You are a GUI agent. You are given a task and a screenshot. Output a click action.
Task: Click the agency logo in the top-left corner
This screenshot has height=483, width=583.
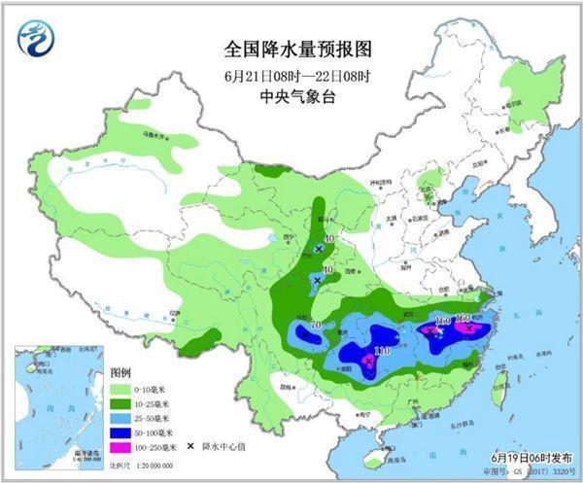pyautogui.click(x=36, y=39)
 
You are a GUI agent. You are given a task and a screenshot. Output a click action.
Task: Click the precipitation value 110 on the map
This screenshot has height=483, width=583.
pyautogui.click(x=382, y=351)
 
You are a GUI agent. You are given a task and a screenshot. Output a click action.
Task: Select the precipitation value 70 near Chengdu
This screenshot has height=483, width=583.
pyautogui.click(x=315, y=325)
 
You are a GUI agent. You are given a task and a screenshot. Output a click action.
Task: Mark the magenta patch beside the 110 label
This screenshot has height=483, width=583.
pyautogui.click(x=368, y=362)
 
